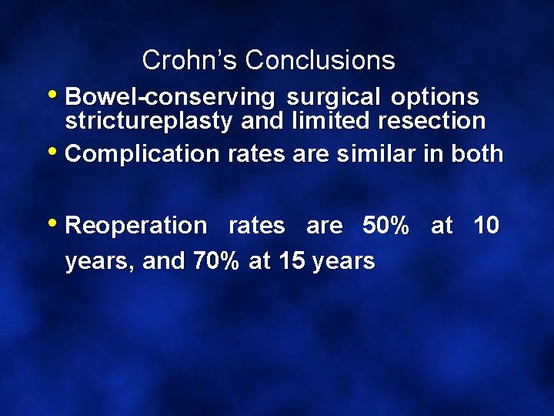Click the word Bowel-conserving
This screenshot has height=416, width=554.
pyautogui.click(x=170, y=98)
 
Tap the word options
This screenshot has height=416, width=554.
pyautogui.click(x=435, y=98)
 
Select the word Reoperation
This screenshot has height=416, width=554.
pyautogui.click(x=136, y=226)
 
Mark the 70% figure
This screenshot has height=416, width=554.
pyautogui.click(x=216, y=261)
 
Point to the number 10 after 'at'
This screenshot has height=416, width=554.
pyautogui.click(x=486, y=226)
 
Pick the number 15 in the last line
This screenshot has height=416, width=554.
pyautogui.click(x=292, y=261)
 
